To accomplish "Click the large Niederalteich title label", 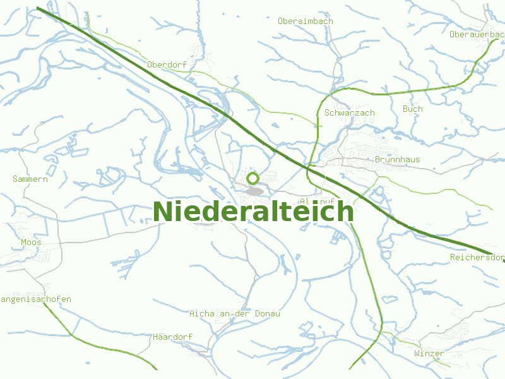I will [252, 212].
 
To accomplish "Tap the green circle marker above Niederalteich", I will [252, 179].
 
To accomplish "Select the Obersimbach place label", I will [305, 21].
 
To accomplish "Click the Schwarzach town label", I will [349, 112].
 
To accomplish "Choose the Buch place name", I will [412, 109].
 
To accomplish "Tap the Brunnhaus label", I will [397, 160].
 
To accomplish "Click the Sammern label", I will [30, 179].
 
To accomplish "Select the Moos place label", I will [31, 242].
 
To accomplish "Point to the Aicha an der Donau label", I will [234, 313].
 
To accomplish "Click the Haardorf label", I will [172, 337].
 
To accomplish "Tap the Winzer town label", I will [429, 353].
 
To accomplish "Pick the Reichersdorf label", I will [477, 258].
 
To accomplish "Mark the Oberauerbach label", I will [477, 34].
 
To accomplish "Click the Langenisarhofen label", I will [35, 299].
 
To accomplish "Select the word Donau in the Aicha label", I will [267, 313].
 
